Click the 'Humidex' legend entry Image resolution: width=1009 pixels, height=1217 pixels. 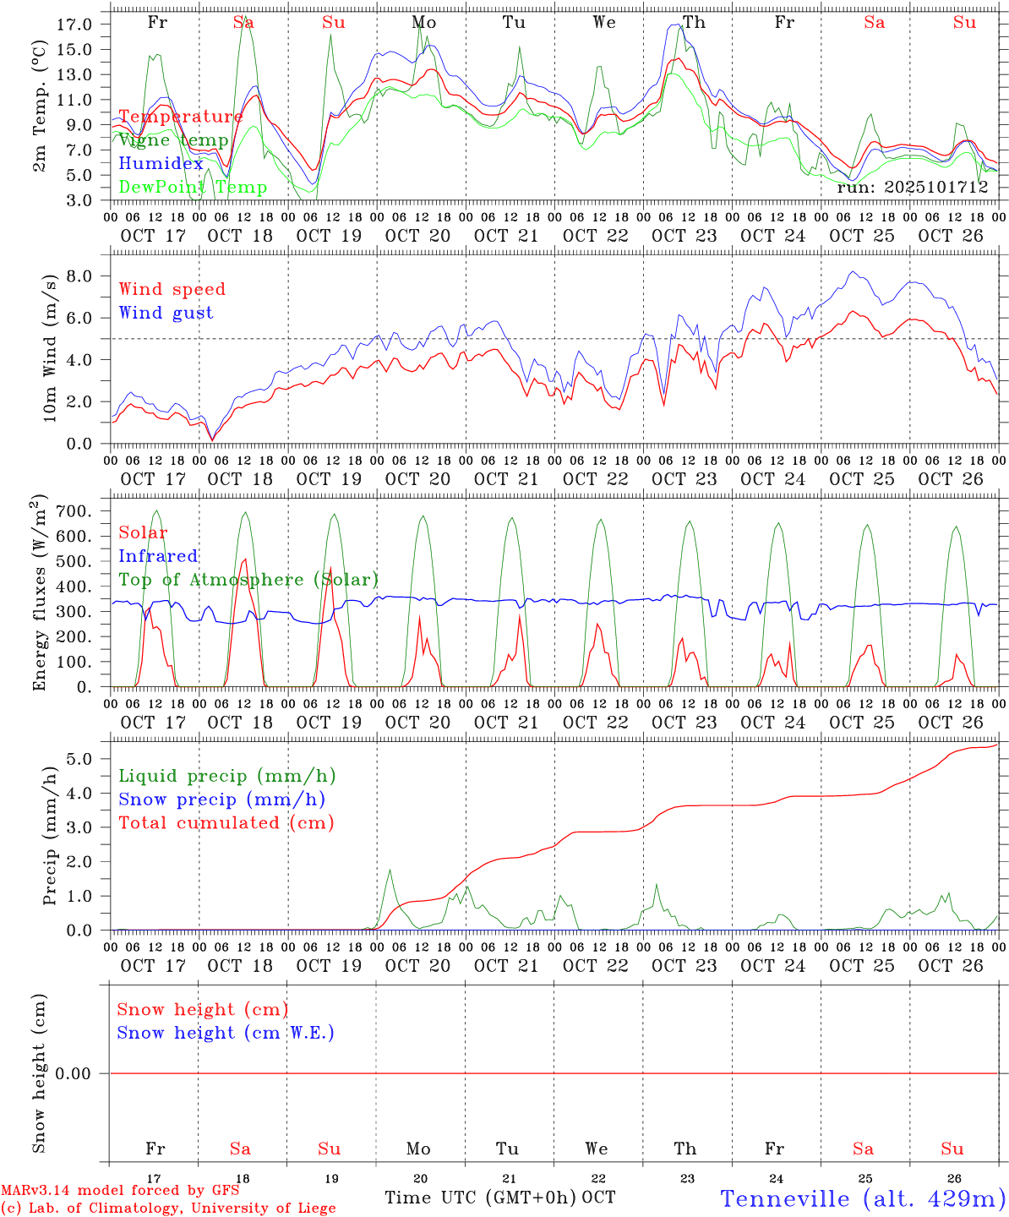pos(161,164)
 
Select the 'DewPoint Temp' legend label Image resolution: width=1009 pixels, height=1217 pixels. pos(193,188)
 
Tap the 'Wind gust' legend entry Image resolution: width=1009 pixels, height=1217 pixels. pos(166,313)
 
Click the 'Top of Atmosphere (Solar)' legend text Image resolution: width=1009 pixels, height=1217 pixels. pos(248,580)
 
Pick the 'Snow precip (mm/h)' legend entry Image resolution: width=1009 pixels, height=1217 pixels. pos(221,800)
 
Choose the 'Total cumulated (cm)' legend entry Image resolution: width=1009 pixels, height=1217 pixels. pos(226,823)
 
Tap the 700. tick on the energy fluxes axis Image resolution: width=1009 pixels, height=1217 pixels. pos(74,511)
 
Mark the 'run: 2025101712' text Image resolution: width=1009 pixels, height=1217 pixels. pos(912,188)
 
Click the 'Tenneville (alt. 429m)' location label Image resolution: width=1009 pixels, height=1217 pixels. pos(862,1198)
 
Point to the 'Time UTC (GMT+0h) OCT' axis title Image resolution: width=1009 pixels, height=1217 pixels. pos(499,1198)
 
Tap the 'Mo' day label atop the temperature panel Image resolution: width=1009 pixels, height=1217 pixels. pos(423,23)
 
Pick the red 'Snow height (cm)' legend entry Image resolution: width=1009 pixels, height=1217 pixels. pos(203,1010)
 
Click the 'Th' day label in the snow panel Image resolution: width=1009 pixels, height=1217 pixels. pos(685,1149)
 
